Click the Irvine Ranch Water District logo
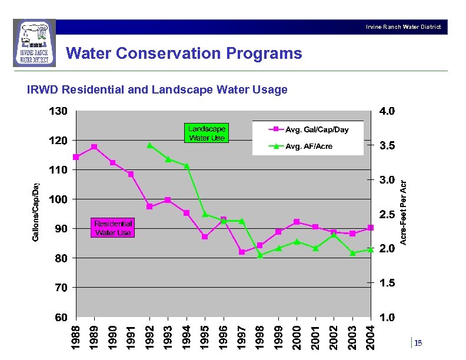(x=35, y=44)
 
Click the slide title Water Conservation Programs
(x=184, y=54)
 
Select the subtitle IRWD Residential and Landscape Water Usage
(x=158, y=90)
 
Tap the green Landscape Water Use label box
(x=206, y=133)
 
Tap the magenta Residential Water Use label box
(x=113, y=228)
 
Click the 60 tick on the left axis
(x=61, y=317)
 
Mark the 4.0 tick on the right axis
(x=387, y=111)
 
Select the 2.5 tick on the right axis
(x=387, y=215)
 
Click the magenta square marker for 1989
(x=94, y=146)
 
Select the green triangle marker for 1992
(x=149, y=145)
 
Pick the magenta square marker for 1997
(x=242, y=252)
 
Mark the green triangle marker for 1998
(x=260, y=255)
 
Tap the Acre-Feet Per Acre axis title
(x=404, y=212)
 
